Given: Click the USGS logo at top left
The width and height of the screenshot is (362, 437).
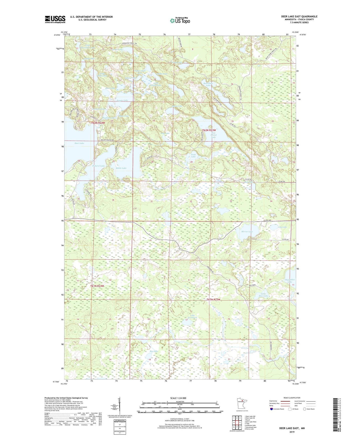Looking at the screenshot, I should click(55, 19).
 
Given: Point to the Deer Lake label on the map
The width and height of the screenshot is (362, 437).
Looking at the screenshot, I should click(79, 143).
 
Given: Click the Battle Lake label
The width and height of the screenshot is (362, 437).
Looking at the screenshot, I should click(121, 168).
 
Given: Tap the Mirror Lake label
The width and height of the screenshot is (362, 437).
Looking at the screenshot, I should click(247, 232).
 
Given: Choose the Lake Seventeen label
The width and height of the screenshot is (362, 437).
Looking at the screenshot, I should click(194, 316).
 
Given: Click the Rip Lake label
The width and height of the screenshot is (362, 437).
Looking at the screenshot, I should click(154, 351).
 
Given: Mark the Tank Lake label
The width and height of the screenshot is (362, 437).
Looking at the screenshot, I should click(193, 156).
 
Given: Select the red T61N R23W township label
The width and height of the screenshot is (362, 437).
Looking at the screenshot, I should click(213, 300).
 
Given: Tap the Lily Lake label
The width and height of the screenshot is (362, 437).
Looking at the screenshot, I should click(282, 227).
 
